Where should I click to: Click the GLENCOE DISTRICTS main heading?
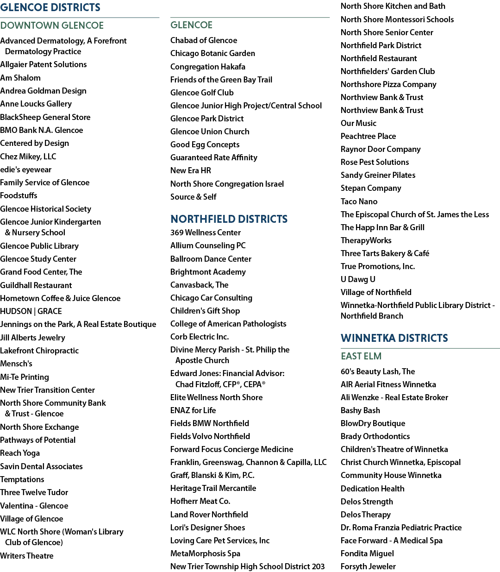coord(50,7)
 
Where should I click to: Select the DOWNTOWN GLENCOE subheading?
coord(52,25)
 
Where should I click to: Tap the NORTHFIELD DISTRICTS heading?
coord(229,219)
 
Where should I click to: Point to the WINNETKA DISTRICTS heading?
coord(394,338)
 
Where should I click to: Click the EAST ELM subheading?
coord(361,356)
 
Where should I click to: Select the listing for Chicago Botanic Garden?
coord(212,53)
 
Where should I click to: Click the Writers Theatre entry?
coord(26,555)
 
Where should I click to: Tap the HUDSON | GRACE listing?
coord(31,311)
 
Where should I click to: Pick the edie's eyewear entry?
coord(26,170)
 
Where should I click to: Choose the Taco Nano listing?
coord(359,201)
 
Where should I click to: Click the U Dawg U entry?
coord(358,279)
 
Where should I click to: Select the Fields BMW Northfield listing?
coord(210,423)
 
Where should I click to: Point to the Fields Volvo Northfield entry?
coord(210,436)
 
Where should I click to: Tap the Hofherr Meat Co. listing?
coord(200,501)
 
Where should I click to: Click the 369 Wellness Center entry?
coord(206,233)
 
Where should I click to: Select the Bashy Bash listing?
coord(360,410)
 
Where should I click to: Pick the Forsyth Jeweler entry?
coord(368,566)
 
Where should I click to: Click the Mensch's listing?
coord(16,364)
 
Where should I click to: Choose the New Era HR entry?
coord(191,170)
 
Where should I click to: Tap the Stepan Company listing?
coord(371,188)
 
